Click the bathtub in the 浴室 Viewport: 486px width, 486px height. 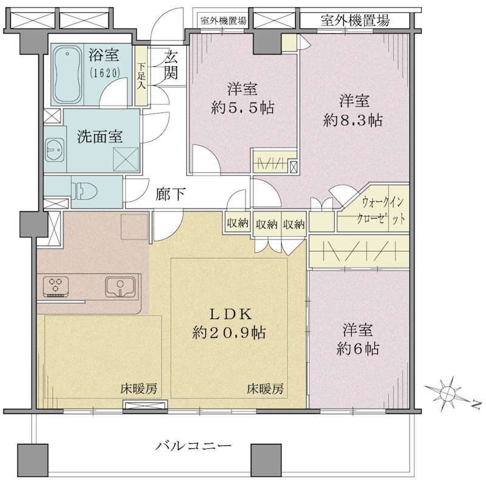[x=67, y=75]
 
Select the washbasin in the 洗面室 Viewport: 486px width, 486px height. [x=55, y=149]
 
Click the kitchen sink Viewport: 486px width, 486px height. [x=120, y=287]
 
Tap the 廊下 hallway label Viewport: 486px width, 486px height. [x=171, y=194]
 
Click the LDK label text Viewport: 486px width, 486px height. [x=231, y=314]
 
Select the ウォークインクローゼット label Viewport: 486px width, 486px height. [x=381, y=211]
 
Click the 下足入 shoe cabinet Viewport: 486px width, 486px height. [x=142, y=76]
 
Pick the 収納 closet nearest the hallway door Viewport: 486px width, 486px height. [x=238, y=222]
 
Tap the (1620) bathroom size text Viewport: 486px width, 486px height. [x=104, y=73]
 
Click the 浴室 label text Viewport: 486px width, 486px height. [x=104, y=55]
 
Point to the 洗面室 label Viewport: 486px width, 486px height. [x=100, y=136]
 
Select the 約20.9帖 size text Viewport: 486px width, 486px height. [x=229, y=333]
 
